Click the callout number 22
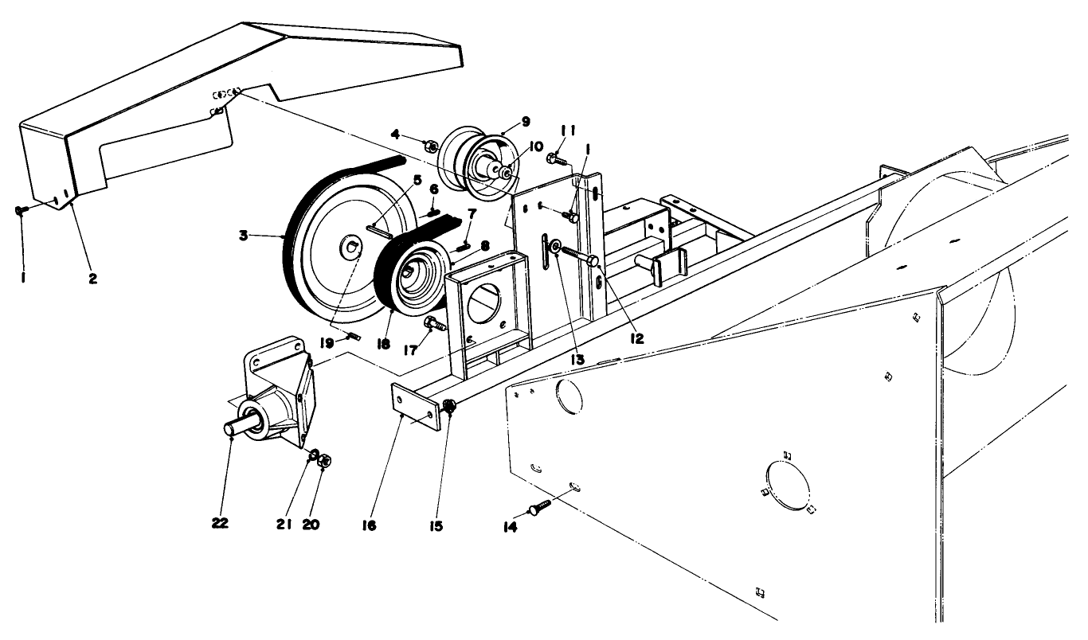(x=220, y=523)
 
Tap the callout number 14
(x=510, y=527)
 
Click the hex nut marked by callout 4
(x=429, y=146)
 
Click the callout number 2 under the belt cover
(x=93, y=280)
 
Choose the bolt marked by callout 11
(x=556, y=159)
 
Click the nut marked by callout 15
(x=449, y=407)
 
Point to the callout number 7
(x=472, y=213)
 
